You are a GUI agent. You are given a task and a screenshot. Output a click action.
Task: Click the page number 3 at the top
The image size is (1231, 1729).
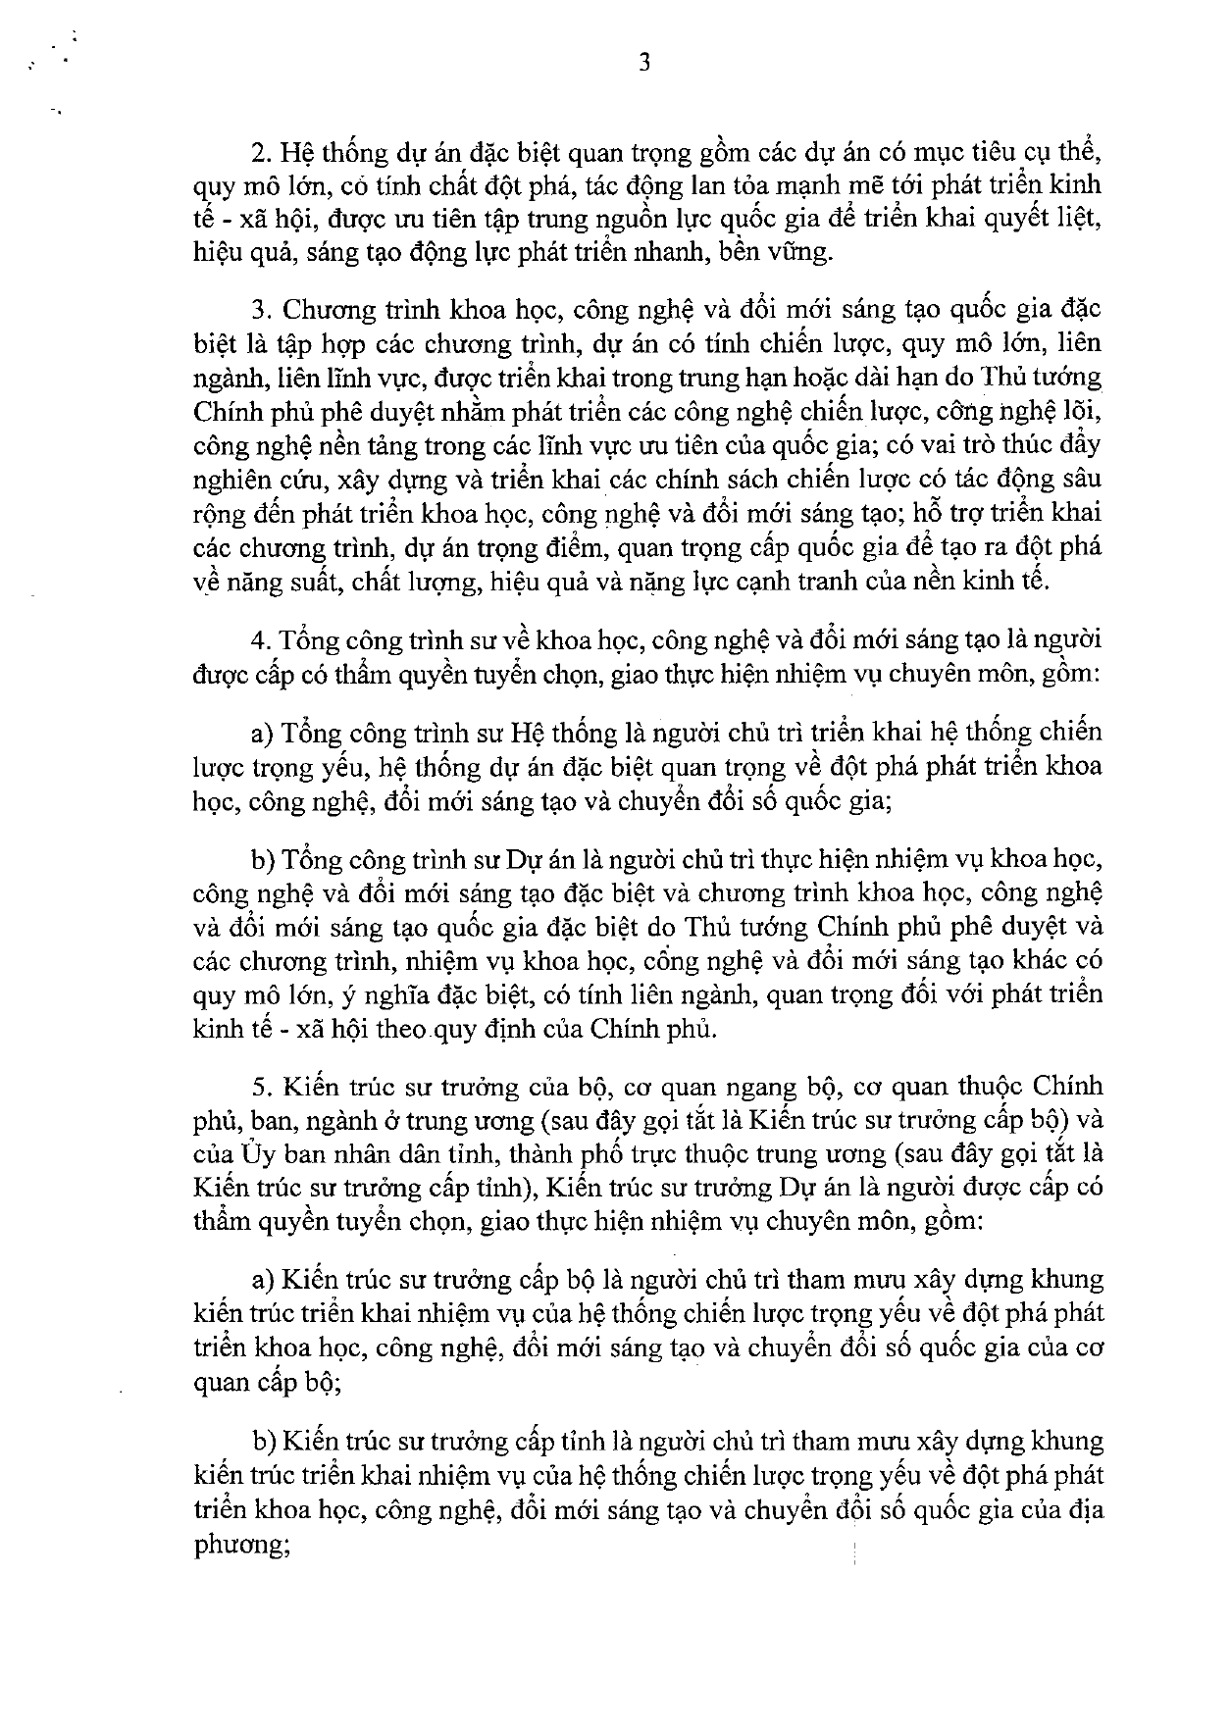click(644, 64)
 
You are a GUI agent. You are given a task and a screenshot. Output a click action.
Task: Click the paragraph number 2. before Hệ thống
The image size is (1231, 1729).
click(259, 154)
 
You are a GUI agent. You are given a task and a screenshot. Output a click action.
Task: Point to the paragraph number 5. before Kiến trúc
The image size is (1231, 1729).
click(259, 1088)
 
